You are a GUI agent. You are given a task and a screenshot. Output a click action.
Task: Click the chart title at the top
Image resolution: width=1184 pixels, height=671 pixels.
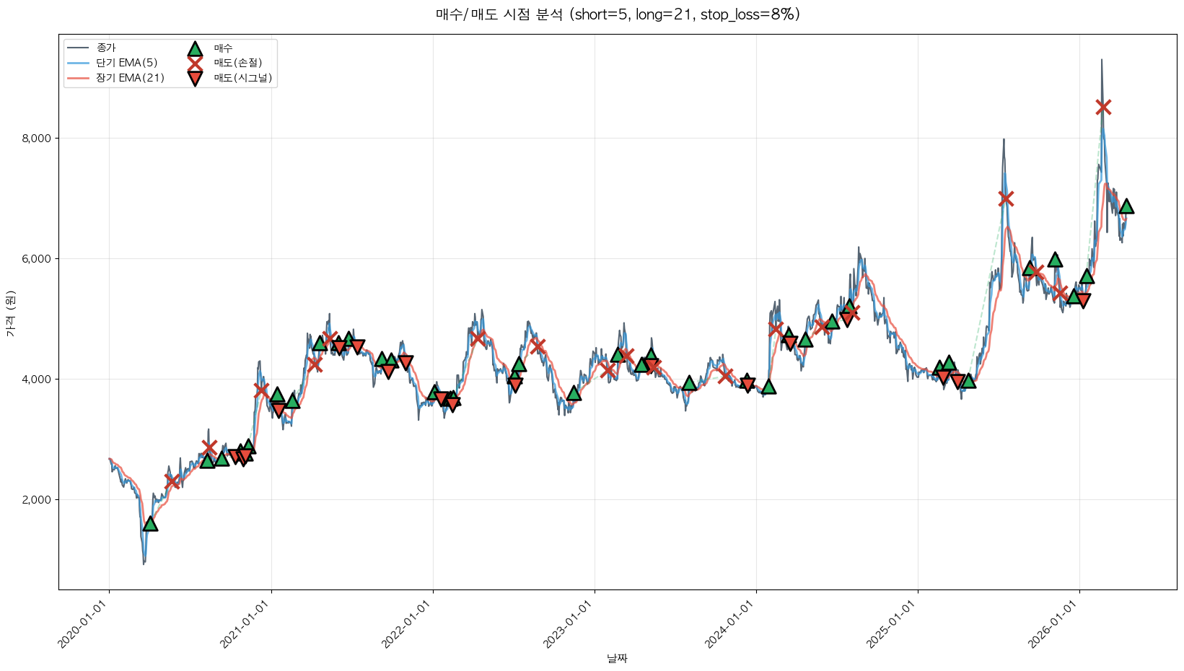618,14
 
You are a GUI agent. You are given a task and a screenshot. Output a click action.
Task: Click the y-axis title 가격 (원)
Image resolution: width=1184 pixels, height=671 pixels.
10,313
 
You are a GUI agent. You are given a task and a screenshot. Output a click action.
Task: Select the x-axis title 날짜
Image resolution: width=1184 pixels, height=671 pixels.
618,658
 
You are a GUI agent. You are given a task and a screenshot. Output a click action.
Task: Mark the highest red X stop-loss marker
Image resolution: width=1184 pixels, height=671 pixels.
1103,107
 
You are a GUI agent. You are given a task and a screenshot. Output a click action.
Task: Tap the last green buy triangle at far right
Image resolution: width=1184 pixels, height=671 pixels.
1126,206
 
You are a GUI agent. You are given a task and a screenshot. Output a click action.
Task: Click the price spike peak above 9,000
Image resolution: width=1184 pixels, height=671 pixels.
1101,61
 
